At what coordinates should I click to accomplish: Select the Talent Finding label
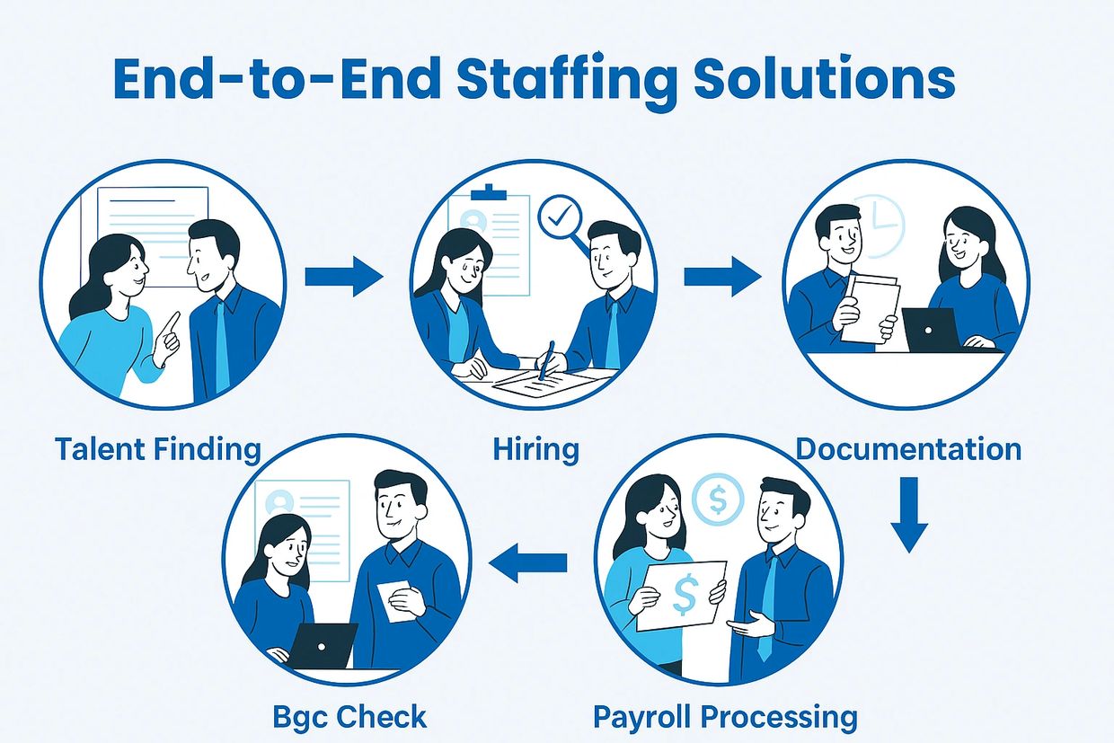pyautogui.click(x=158, y=448)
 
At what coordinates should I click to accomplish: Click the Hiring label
pyautogui.click(x=535, y=448)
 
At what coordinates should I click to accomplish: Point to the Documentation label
pyautogui.click(x=908, y=448)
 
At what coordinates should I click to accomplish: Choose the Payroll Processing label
pyautogui.click(x=725, y=717)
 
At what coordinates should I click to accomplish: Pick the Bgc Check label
pyautogui.click(x=349, y=717)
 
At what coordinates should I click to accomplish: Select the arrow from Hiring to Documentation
pyautogui.click(x=721, y=276)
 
